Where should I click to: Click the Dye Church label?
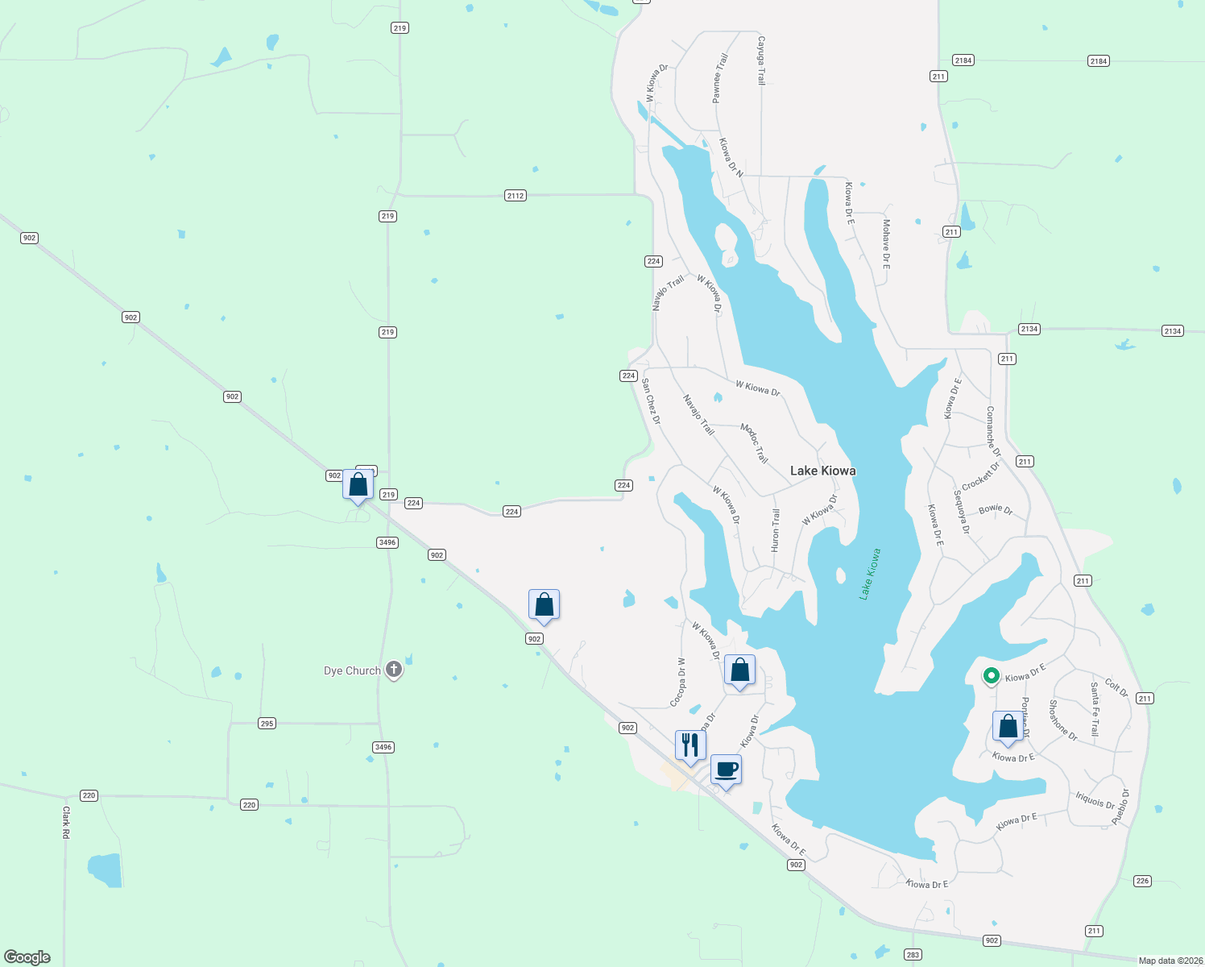[352, 670]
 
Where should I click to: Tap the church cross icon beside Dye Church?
[394, 669]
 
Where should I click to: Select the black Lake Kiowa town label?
[822, 471]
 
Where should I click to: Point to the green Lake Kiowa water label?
[870, 574]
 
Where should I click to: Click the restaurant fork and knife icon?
[690, 745]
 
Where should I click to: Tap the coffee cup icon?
[726, 769]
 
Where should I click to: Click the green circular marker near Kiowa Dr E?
[992, 676]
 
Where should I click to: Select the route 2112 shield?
[516, 196]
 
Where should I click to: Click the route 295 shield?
[267, 724]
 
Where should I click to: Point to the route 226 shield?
[1142, 881]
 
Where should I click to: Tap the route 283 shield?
[912, 955]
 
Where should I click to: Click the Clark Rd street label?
[66, 823]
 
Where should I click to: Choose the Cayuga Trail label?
[760, 60]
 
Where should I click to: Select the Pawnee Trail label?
[719, 78]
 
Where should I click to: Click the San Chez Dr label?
[651, 400]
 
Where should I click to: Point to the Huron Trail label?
[776, 530]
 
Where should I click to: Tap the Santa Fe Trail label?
[1095, 709]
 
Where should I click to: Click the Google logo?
[27, 957]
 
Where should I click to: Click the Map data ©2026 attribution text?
[1170, 961]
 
